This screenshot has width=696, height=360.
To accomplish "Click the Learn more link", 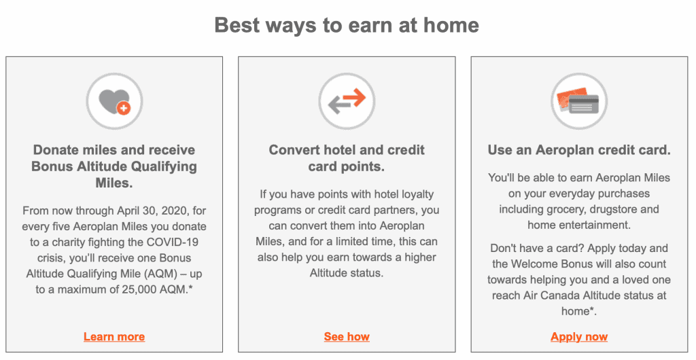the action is (x=114, y=337).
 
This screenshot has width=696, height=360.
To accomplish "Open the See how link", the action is (x=347, y=337).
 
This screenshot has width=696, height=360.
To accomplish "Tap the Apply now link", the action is (x=579, y=337).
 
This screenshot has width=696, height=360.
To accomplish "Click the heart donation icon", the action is (x=114, y=101).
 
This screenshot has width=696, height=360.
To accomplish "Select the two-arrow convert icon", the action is (x=347, y=101).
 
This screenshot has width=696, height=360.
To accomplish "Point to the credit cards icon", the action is (x=579, y=101).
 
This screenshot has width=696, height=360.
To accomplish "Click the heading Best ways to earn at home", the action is (x=347, y=25).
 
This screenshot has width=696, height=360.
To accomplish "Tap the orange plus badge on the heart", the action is (x=124, y=108).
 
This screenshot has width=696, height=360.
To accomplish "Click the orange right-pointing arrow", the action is (x=353, y=97).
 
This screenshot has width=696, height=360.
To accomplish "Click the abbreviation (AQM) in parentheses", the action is (x=163, y=274).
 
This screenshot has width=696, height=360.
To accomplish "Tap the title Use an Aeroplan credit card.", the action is (x=579, y=150).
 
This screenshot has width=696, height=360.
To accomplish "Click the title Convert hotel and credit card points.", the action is (x=347, y=158).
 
